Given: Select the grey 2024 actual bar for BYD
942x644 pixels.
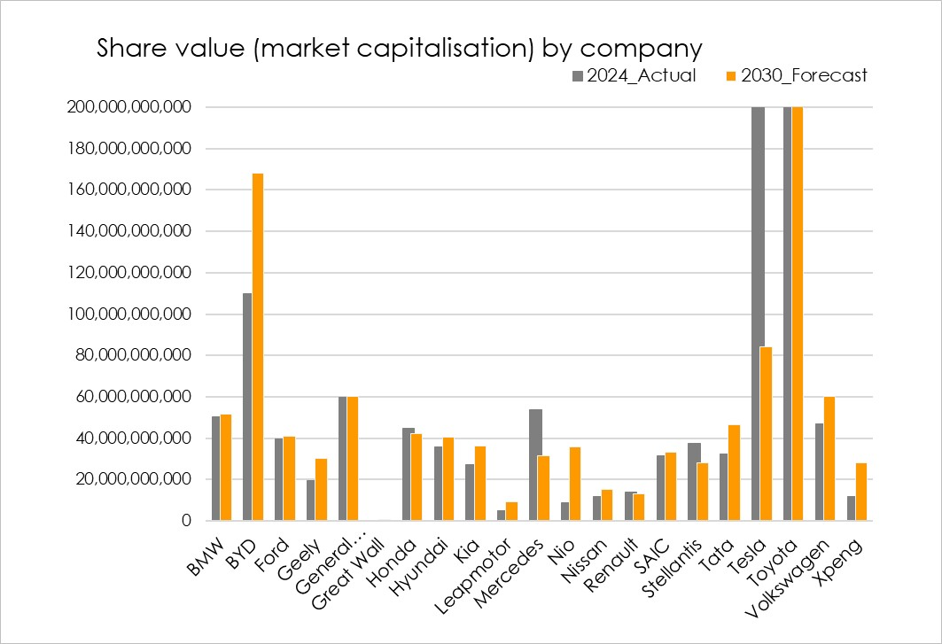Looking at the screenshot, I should [247, 407].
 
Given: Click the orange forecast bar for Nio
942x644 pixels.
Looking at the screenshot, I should [575, 484].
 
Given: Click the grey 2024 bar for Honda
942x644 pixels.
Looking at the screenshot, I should [407, 475].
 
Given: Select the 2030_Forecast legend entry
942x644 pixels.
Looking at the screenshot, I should [797, 76].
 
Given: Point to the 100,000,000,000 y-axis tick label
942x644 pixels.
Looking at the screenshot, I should [128, 314].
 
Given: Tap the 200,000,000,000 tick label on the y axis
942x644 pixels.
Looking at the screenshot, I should [128, 107].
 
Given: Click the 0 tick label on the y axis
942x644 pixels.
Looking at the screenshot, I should [186, 522].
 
